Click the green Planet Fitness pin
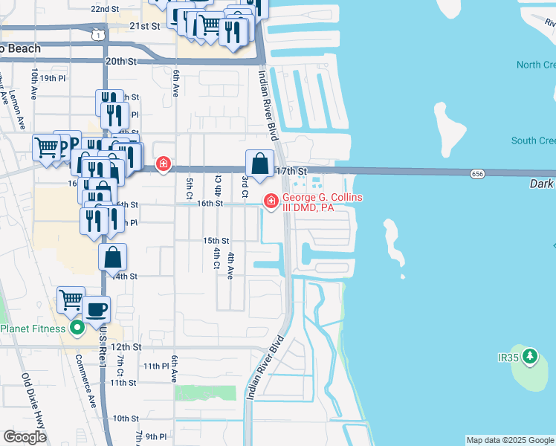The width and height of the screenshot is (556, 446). [x=75, y=328]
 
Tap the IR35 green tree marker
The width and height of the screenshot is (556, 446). [x=529, y=358]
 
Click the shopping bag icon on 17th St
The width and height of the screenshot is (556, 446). [x=259, y=164]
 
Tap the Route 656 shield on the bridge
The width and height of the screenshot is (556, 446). [x=478, y=173]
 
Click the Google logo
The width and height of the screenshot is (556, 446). [x=25, y=437]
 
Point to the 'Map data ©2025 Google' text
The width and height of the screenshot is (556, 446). [x=510, y=440]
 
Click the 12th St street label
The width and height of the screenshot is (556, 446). [x=126, y=347]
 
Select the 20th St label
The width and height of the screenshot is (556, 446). [x=123, y=62]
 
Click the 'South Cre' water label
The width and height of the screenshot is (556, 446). [x=533, y=140]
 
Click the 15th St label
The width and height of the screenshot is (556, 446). [x=216, y=241]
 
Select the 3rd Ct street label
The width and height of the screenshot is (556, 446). [x=245, y=186]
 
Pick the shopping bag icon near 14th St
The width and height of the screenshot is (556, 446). [x=112, y=257]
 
